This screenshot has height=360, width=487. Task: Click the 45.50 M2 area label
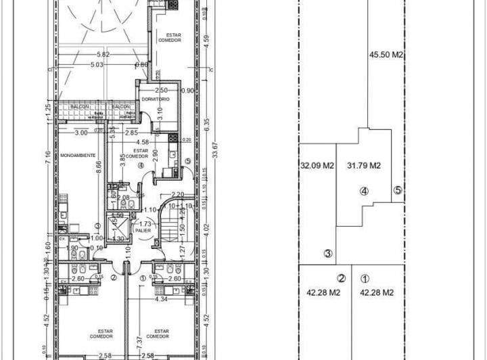(386, 55)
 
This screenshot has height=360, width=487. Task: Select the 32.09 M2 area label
(318, 165)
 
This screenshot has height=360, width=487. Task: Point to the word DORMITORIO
(155, 100)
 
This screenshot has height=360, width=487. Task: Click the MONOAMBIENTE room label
(78, 155)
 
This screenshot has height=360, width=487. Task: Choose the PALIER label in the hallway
(143, 229)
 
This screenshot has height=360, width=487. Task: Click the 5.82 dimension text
(103, 55)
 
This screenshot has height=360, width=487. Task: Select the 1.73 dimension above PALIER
(143, 223)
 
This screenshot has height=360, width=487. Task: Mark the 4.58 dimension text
(142, 142)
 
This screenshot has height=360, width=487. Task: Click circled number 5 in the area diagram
(398, 190)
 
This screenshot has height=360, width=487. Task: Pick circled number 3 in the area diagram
(327, 254)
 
